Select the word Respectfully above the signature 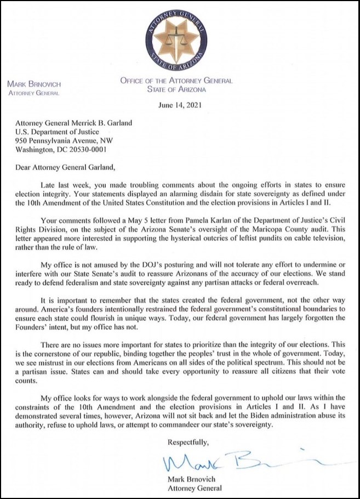(188, 440)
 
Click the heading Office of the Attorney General (176, 81)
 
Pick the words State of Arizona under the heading (176, 89)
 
